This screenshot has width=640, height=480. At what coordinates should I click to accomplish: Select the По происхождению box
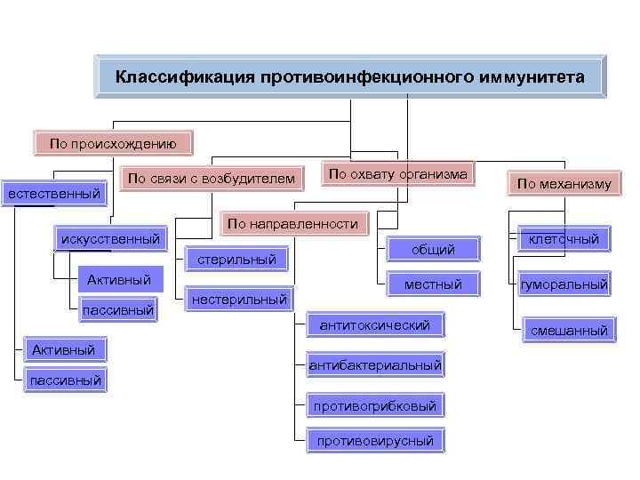[112, 142]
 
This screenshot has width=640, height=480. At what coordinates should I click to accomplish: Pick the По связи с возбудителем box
[211, 180]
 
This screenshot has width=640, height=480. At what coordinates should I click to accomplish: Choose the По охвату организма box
[397, 175]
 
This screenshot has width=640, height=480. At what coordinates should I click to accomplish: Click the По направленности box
[292, 224]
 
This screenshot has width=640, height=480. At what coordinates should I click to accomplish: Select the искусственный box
[110, 238]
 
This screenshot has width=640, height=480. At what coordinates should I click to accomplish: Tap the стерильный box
[236, 260]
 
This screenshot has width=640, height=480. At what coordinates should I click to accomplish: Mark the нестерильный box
[239, 300]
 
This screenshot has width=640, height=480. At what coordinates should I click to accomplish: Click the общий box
[433, 250]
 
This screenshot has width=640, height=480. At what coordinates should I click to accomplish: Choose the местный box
[433, 284]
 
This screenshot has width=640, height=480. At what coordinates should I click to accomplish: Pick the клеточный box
[564, 238]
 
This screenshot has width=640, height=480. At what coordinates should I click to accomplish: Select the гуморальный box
[564, 284]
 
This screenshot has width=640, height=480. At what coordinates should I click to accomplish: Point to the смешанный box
[568, 331]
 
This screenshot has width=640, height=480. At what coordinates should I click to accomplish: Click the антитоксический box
[375, 325]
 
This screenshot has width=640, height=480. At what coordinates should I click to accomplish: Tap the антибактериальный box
[375, 365]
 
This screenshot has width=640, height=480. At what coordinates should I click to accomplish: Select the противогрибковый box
[374, 406]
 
